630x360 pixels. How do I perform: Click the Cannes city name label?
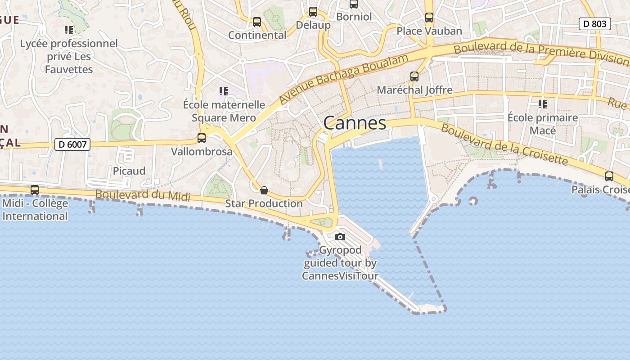tap(355, 123)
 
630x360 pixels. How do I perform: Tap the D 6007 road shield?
tap(72, 144)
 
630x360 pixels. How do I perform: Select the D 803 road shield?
tap(594, 24)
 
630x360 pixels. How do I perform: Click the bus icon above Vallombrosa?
tap(202, 138)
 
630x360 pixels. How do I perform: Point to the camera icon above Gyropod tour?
tap(340, 237)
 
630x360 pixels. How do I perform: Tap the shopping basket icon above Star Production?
tap(264, 190)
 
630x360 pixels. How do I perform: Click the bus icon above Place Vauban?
tap(429, 18)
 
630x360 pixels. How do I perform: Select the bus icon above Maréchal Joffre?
tap(414, 76)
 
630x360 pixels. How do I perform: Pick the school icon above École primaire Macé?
tap(543, 104)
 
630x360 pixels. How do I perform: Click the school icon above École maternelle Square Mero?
tap(224, 91)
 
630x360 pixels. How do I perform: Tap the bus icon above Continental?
tap(257, 22)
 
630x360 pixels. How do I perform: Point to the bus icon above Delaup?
tap(313, 12)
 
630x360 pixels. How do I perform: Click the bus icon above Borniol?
tap(354, 4)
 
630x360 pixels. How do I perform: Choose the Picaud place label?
tap(129, 171)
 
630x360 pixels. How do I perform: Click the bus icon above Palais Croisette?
tap(609, 176)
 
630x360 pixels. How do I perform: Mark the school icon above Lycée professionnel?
tap(69, 30)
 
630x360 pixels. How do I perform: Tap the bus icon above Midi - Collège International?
tap(35, 190)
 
